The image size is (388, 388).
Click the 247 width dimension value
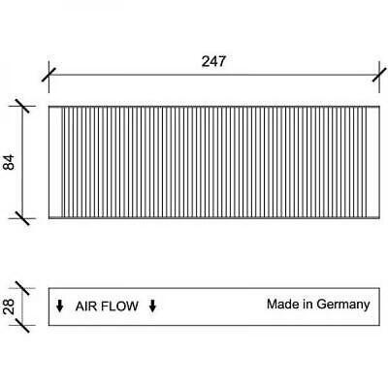[x=213, y=61]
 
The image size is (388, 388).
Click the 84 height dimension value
[x=9, y=162]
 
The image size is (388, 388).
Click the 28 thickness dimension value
[x=9, y=307]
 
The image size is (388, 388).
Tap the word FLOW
[x=122, y=306]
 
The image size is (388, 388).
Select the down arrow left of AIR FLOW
[x=59, y=306]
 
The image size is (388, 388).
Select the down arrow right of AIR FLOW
[x=152, y=306]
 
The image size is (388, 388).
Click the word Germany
[x=343, y=305]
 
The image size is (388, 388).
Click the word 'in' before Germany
[x=308, y=304]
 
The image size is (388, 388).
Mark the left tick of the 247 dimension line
[x=48, y=75]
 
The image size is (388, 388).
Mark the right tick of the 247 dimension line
[x=379, y=75]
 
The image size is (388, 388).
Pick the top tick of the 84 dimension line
[x=22, y=106]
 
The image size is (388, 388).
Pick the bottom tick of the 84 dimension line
[x=22, y=218]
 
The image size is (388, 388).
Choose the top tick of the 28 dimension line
[x=22, y=288]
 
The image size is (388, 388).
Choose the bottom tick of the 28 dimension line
[x=22, y=325]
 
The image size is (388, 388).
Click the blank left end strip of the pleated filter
[x=55, y=162]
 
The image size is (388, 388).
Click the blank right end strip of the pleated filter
[x=373, y=162]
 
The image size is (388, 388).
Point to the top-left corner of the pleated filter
[x=48, y=106]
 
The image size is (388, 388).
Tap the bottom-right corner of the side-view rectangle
[x=379, y=325]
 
